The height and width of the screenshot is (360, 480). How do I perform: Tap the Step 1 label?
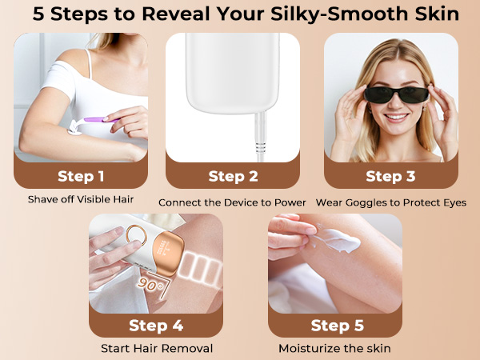point(81,176)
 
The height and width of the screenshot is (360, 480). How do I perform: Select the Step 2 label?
point(233,176)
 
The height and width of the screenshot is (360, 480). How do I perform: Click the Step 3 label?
point(390,176)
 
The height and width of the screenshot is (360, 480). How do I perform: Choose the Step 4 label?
point(156,325)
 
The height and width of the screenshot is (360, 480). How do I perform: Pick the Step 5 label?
point(338,325)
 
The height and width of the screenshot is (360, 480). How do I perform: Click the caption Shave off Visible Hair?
point(81,199)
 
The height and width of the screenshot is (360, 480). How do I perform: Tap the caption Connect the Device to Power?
point(232,202)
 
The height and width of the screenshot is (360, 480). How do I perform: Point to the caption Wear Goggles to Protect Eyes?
point(391,202)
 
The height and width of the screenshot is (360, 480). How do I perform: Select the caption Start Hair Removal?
point(157,348)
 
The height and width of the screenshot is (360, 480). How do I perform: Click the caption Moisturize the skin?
point(334,348)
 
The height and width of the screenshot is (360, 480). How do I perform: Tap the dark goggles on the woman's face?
point(397,94)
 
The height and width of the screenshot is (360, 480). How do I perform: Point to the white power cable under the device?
point(261,137)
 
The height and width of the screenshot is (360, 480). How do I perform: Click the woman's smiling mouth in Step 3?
point(396,117)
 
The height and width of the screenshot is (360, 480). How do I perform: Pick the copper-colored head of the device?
point(168,253)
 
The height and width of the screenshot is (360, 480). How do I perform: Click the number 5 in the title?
point(38,14)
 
